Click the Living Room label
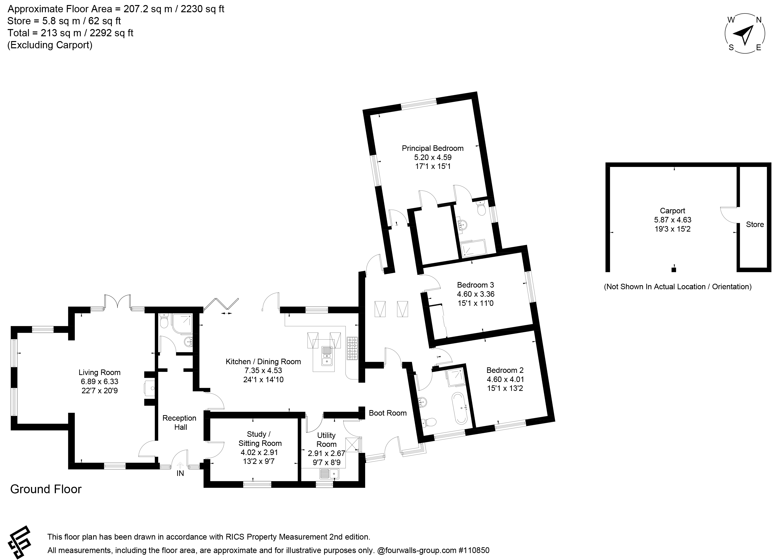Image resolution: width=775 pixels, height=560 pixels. pos(99,372)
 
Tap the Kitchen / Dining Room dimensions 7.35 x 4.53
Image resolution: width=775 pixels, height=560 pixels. pos(263,370)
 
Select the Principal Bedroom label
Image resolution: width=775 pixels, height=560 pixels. pos(433,148)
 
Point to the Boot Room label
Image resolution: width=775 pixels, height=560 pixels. pos(387,413)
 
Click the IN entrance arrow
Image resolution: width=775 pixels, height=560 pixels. pos(180,465)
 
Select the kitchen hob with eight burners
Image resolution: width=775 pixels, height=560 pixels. pos(352,348)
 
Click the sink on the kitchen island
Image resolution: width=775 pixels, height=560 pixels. pos(327,356)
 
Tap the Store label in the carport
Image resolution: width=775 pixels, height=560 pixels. pos(755,224)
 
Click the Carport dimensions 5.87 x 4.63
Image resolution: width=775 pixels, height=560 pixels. pos(672,220)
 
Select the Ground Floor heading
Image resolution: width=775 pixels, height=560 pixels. pos(46,489)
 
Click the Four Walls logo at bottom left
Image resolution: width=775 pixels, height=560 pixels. pos(19,542)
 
